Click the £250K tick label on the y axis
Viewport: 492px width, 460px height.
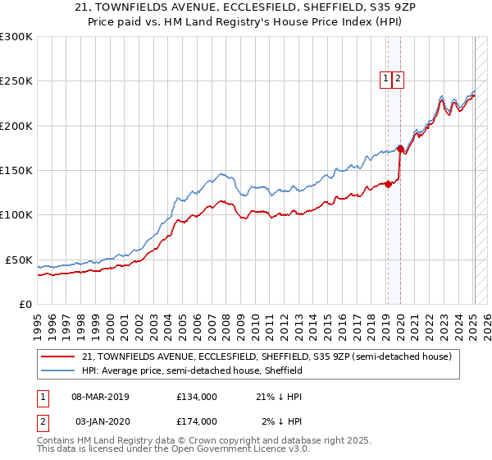point(16,81)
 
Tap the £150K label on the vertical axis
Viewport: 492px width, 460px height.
point(16,170)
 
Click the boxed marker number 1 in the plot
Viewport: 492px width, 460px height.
point(385,79)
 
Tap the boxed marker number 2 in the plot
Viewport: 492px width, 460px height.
point(398,79)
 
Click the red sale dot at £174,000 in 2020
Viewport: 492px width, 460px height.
point(400,149)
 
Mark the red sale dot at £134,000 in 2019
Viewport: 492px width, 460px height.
point(388,185)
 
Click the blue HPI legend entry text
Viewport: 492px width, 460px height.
point(192,371)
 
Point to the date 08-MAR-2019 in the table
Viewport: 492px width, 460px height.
point(100,396)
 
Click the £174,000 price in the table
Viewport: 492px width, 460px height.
point(196,421)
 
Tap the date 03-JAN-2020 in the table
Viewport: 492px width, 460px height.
point(100,421)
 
